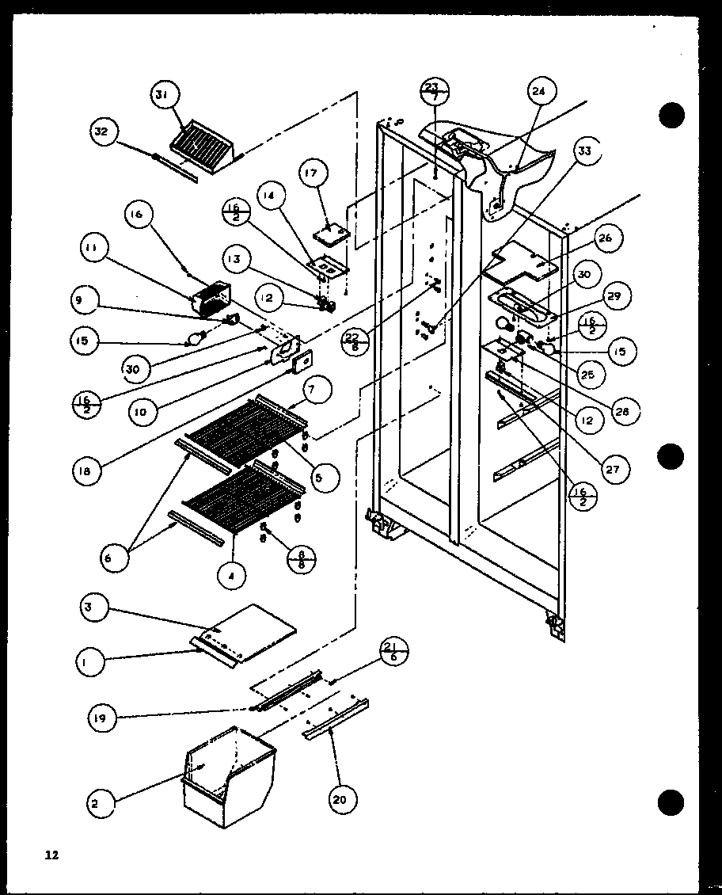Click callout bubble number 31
pos(161,96)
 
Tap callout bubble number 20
pos(340,779)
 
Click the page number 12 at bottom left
pos(51,855)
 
